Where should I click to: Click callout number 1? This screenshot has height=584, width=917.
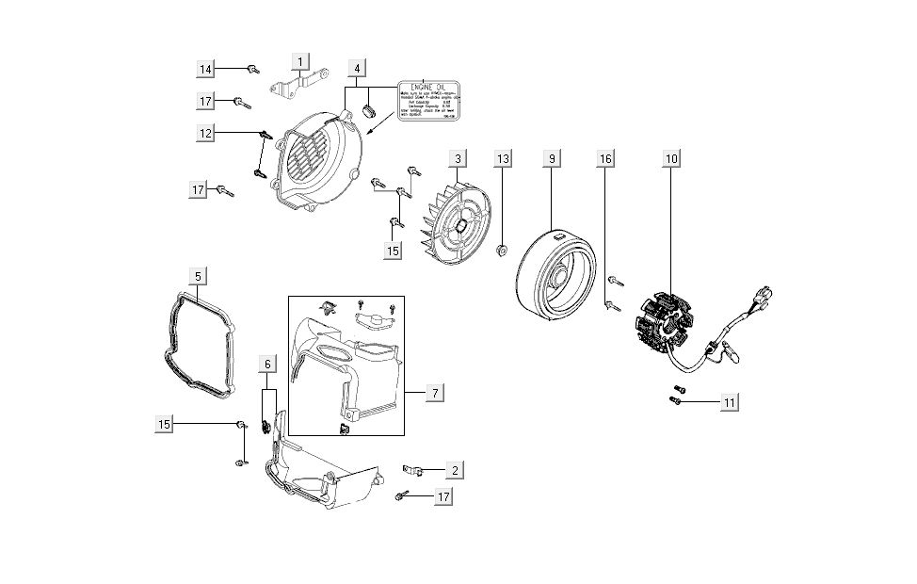coord(300,63)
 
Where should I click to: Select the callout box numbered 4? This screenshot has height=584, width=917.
coord(357,69)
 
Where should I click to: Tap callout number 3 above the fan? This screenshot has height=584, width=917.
coord(457,158)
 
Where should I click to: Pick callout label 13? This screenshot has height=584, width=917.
coord(504,158)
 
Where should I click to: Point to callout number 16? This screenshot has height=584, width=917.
coord(605,158)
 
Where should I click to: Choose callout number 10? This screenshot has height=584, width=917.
coord(670,158)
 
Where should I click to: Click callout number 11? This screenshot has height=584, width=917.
coord(729,402)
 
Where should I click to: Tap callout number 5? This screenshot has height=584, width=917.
coord(198,276)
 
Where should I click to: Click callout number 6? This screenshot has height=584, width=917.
coord(267,364)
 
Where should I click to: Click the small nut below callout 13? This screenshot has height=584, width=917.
coord(504,250)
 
